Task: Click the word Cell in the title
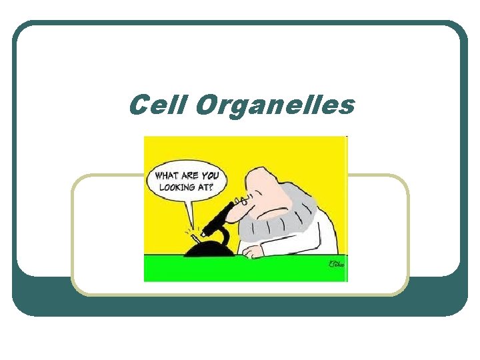coord(157,105)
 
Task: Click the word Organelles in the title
coord(275,106)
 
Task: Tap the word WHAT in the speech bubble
coord(167,176)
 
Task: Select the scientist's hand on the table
coord(254,251)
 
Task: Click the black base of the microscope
coord(209,250)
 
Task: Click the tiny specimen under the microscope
coord(195,236)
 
